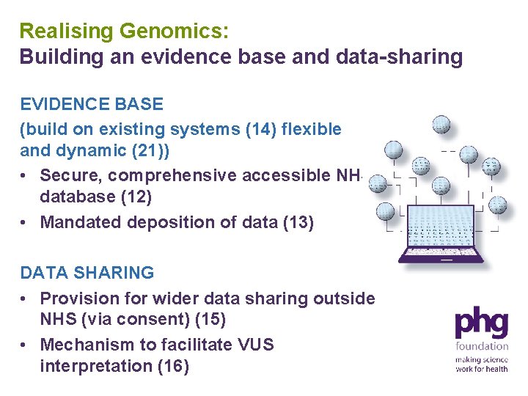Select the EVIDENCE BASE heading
pyautogui.click(x=92, y=104)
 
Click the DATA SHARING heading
pyautogui.click(x=87, y=273)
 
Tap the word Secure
pyautogui.click(x=68, y=175)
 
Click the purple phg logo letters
pyautogui.click(x=481, y=323)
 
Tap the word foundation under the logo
pyautogui.click(x=481, y=346)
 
